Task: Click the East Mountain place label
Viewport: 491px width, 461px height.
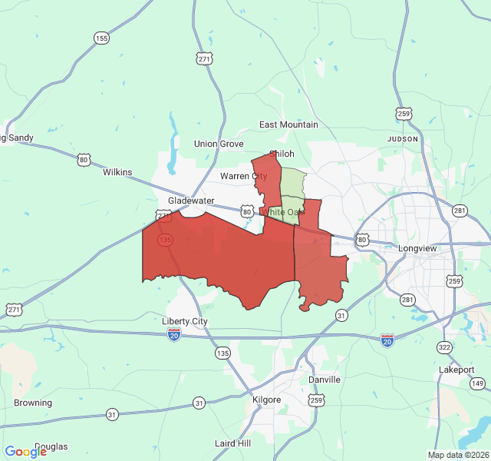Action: click(288, 124)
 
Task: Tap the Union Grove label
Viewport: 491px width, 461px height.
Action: click(219, 144)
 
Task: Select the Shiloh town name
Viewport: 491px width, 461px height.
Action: click(281, 154)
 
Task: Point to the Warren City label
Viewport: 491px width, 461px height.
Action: click(243, 176)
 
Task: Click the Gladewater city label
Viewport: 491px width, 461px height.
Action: click(191, 201)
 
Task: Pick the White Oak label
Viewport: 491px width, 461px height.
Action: click(283, 211)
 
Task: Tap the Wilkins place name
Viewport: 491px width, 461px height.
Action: click(118, 173)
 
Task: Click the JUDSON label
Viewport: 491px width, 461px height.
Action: click(403, 139)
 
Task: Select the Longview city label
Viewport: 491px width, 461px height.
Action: click(417, 248)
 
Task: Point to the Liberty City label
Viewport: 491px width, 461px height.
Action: click(185, 321)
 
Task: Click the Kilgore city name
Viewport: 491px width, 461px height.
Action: click(267, 400)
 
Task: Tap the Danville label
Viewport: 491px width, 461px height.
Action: click(324, 380)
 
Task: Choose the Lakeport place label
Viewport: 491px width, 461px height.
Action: click(456, 370)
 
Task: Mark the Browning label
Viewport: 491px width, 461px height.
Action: click(33, 403)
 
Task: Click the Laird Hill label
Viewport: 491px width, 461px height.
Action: click(233, 443)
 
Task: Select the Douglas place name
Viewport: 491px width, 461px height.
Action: click(51, 446)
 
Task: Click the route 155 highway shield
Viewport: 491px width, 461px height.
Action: click(102, 38)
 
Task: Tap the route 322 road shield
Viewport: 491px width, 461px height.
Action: click(444, 348)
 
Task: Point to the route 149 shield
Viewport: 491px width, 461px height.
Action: click(478, 383)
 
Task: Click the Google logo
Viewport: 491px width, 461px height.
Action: click(25, 451)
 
